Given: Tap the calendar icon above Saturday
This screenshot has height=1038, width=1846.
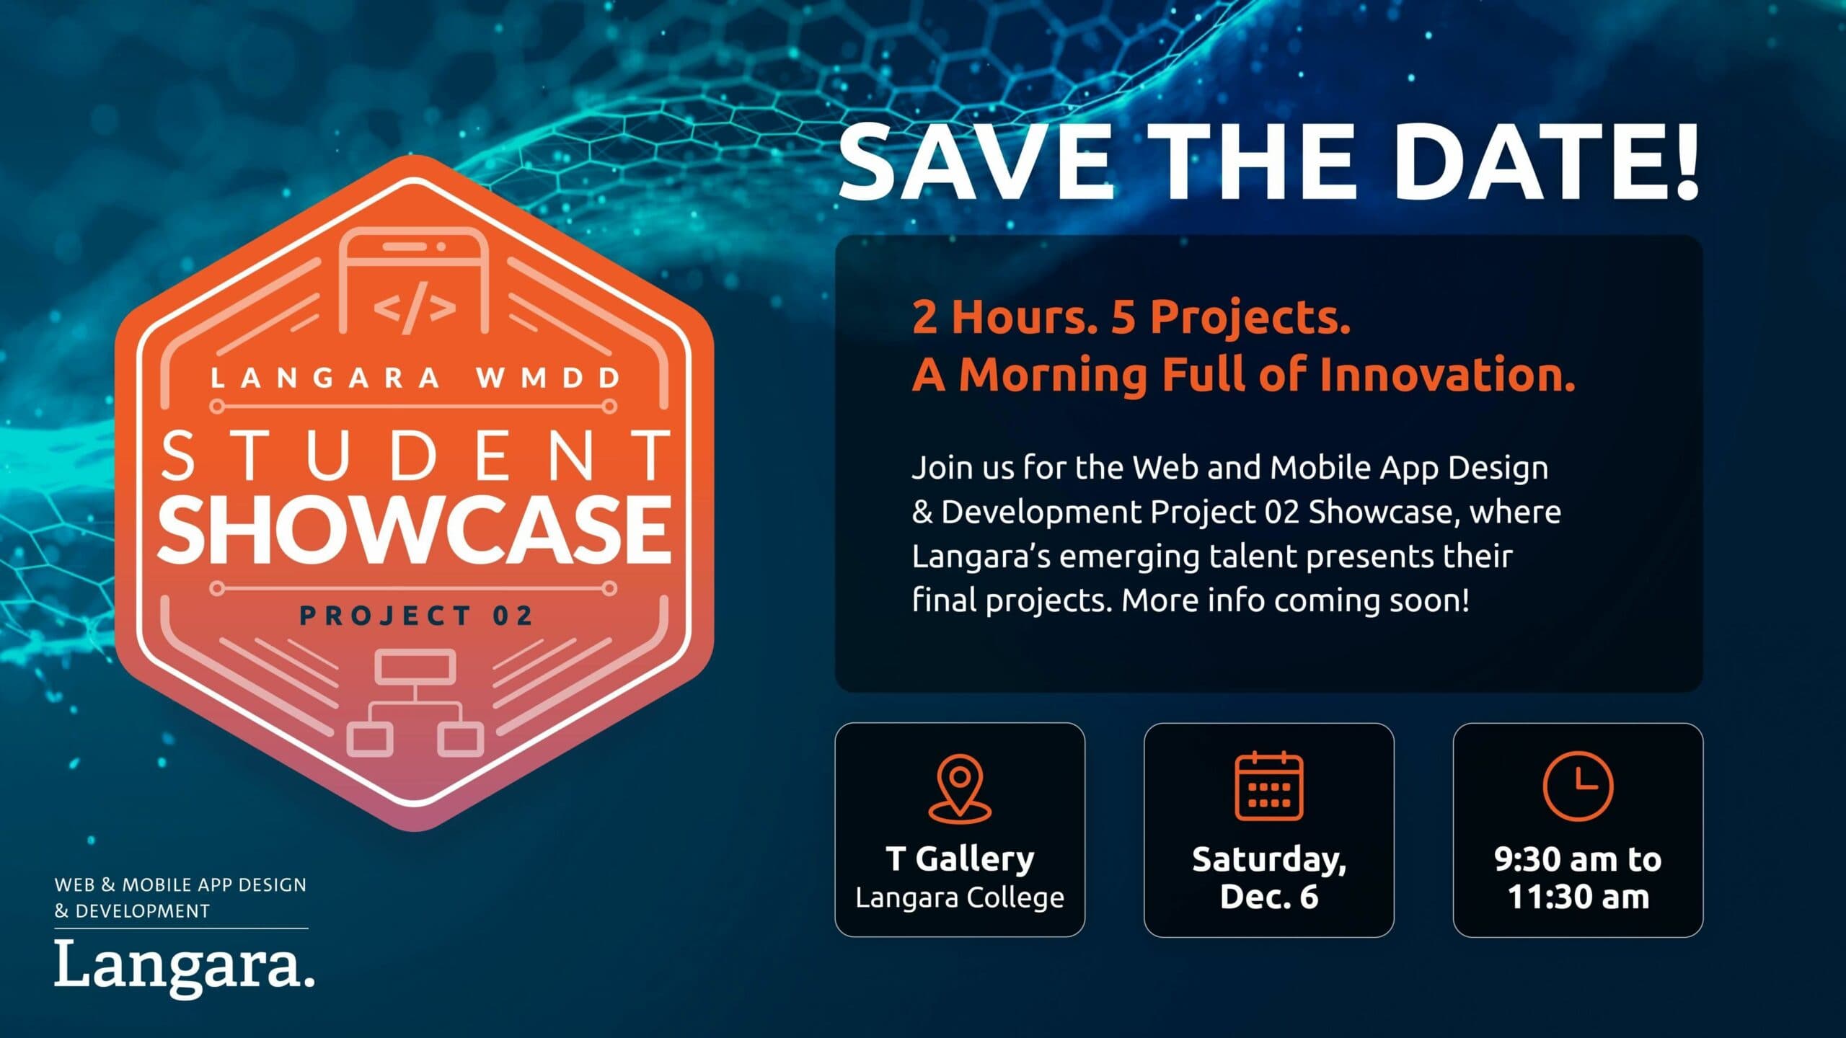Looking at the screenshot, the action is coord(1269,786).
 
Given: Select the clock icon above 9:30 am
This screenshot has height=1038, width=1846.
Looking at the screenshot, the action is coord(1578,786).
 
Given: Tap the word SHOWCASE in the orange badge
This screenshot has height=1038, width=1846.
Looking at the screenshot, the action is coord(415,530).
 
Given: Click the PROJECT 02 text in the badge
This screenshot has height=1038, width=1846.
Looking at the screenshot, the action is coord(416,616).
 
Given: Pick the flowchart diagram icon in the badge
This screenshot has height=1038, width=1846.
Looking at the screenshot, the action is coord(415,702).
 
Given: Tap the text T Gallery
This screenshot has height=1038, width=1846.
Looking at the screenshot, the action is coord(960,859).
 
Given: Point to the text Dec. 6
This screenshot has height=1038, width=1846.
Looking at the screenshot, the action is coord(1269,897).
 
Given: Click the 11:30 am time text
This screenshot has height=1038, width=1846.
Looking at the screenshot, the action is coord(1578,897).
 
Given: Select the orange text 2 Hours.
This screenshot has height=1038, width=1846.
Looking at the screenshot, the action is coord(1004,317).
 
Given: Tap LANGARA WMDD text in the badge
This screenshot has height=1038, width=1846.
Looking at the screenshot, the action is coord(416,378).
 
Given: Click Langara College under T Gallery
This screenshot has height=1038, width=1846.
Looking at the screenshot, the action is coord(960,898).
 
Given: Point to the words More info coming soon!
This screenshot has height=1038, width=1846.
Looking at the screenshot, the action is coord(1296,600).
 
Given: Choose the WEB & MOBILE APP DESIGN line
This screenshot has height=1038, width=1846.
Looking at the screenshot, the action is coord(180,884).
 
